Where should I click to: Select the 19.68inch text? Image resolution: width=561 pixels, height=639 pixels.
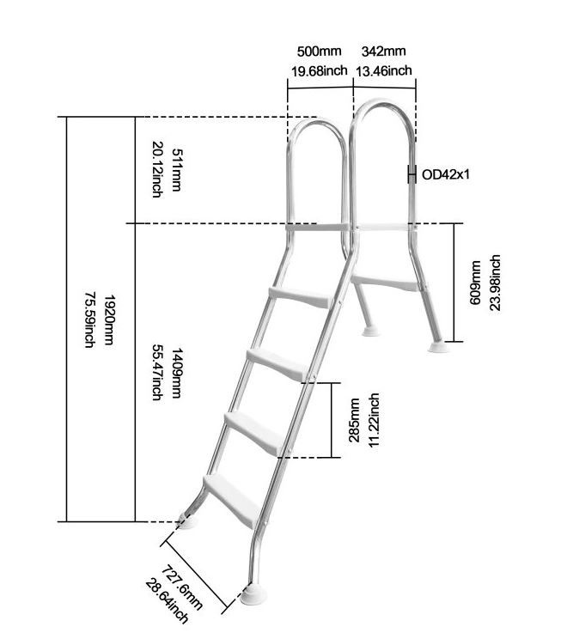(319, 71)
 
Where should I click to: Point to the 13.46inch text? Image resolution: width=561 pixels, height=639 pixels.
(383, 71)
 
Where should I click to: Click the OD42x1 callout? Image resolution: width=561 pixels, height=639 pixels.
(446, 174)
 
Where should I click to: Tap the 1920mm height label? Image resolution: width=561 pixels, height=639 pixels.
(108, 320)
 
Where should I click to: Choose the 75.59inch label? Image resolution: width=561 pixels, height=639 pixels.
(89, 320)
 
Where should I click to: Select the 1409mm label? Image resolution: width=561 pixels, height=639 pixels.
(176, 373)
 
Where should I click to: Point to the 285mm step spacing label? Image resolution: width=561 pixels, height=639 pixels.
(354, 420)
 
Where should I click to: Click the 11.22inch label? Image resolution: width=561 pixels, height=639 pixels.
(373, 420)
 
